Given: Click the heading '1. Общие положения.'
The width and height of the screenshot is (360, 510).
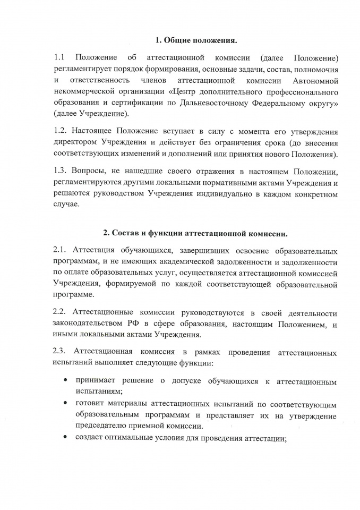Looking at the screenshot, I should tap(196, 40).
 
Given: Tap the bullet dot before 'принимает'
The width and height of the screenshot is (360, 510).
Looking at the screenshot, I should tap(65, 381).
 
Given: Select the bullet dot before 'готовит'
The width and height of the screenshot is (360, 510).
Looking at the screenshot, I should tap(65, 403).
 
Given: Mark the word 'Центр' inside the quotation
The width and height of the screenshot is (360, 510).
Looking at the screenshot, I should tap(186, 91).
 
